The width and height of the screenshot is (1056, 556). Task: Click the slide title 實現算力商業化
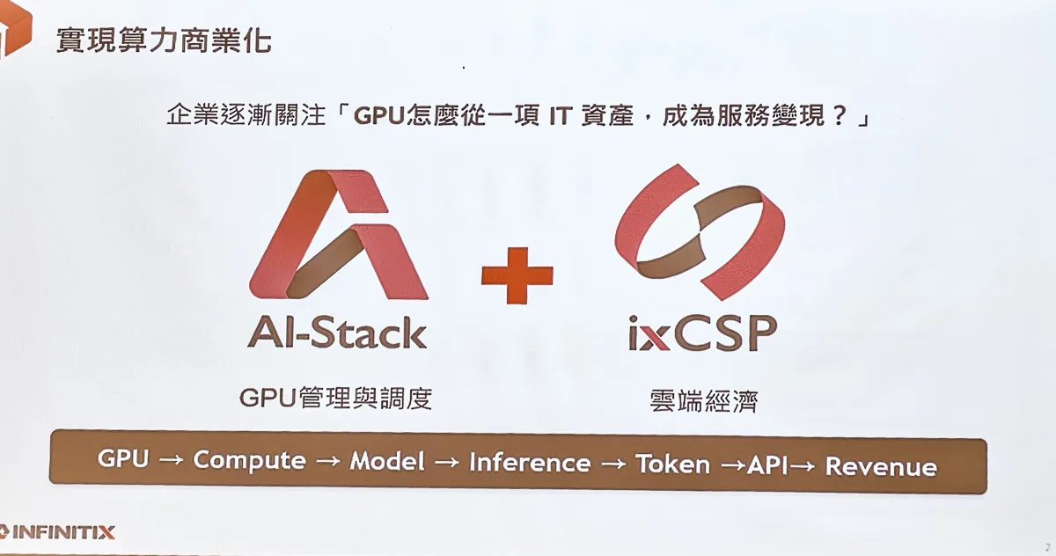[x=164, y=41]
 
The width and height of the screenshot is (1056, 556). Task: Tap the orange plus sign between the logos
[x=517, y=275]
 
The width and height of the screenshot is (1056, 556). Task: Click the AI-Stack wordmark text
[x=338, y=333]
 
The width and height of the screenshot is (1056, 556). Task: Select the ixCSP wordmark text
[x=702, y=333]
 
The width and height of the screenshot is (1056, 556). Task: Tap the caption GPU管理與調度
[x=335, y=399]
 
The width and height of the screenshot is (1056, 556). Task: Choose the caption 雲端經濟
[x=703, y=401]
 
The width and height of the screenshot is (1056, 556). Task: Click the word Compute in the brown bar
[x=249, y=460]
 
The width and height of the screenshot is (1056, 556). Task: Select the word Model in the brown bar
[x=387, y=461]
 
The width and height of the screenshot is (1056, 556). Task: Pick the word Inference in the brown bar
[x=530, y=462]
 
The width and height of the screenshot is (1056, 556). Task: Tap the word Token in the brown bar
[x=672, y=464]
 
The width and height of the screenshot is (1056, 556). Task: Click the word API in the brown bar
[x=767, y=465]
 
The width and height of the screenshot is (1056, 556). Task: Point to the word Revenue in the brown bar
[x=881, y=466]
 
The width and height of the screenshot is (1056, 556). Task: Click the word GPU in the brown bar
[x=123, y=457]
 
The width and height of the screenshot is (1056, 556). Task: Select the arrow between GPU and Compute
[x=171, y=460]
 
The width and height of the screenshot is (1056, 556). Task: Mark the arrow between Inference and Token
[x=613, y=465]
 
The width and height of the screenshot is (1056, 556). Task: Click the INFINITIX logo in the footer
[x=57, y=532]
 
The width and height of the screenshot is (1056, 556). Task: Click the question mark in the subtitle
[x=840, y=115]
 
